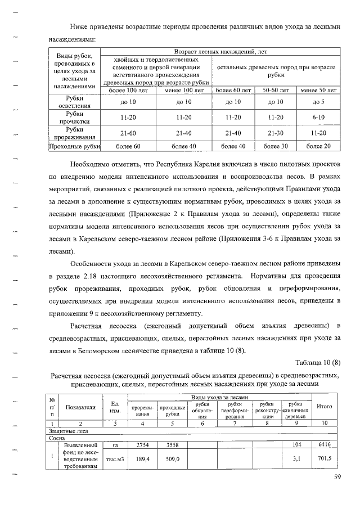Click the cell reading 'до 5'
click(x=318, y=102)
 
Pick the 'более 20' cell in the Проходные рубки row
click(x=318, y=146)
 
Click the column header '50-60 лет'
click(x=276, y=90)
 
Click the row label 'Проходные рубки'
click(x=75, y=146)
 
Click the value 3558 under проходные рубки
click(x=172, y=444)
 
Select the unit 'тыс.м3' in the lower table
click(x=115, y=460)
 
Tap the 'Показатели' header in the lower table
click(x=80, y=407)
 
